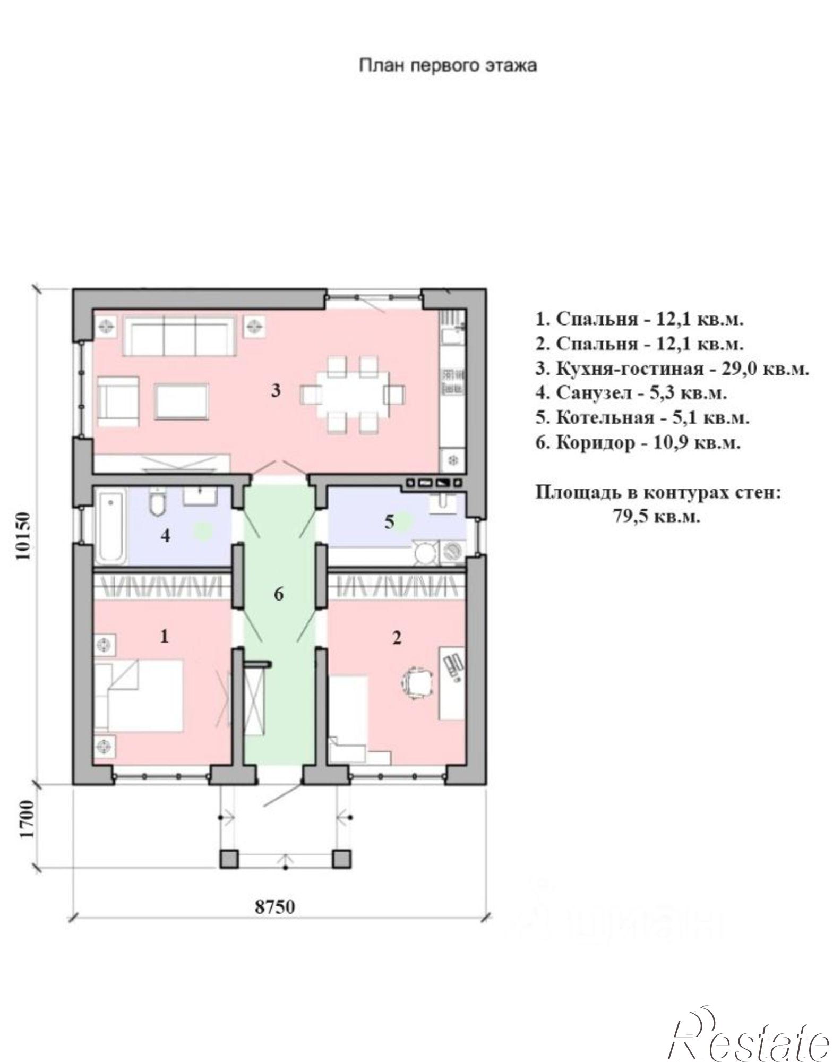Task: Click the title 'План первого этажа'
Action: pyautogui.click(x=448, y=65)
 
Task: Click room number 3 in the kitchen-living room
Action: pyautogui.click(x=276, y=391)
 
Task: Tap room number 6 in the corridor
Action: pyautogui.click(x=279, y=594)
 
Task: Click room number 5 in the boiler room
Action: pyautogui.click(x=389, y=522)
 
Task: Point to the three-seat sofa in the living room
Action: pyautogui.click(x=179, y=336)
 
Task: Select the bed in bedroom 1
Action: pyautogui.click(x=139, y=696)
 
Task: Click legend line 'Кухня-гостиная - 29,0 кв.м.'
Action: pyautogui.click(x=672, y=369)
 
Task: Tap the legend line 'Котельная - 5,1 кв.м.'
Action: pyautogui.click(x=642, y=417)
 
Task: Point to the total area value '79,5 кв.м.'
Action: pyautogui.click(x=657, y=517)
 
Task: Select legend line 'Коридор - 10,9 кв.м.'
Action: pyautogui.click(x=638, y=442)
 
